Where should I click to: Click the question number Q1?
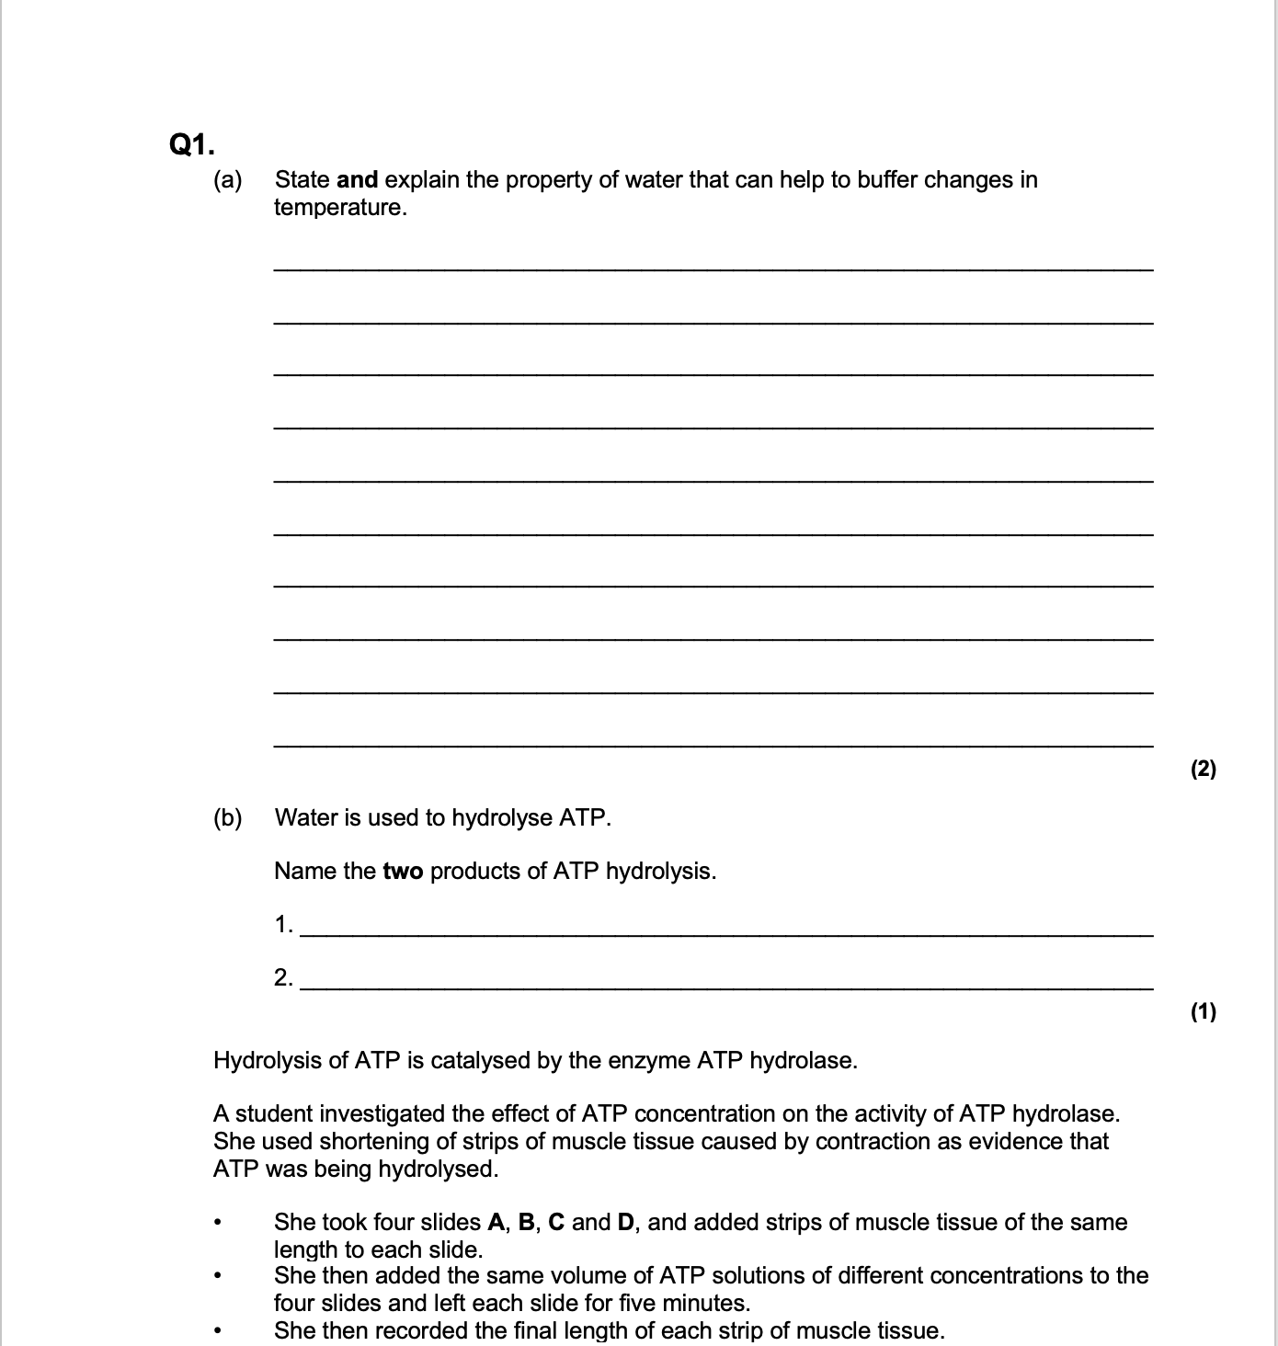point(192,144)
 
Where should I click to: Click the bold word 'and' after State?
point(358,179)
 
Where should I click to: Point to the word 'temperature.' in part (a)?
point(340,208)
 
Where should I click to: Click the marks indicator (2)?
point(1203,770)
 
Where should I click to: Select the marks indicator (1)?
point(1203,1012)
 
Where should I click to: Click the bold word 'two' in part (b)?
point(403,871)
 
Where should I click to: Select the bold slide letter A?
point(496,1222)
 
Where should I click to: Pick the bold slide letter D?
point(625,1222)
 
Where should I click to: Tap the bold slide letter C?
point(556,1222)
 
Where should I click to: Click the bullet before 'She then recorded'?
point(217,1330)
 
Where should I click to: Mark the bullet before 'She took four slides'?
point(217,1223)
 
